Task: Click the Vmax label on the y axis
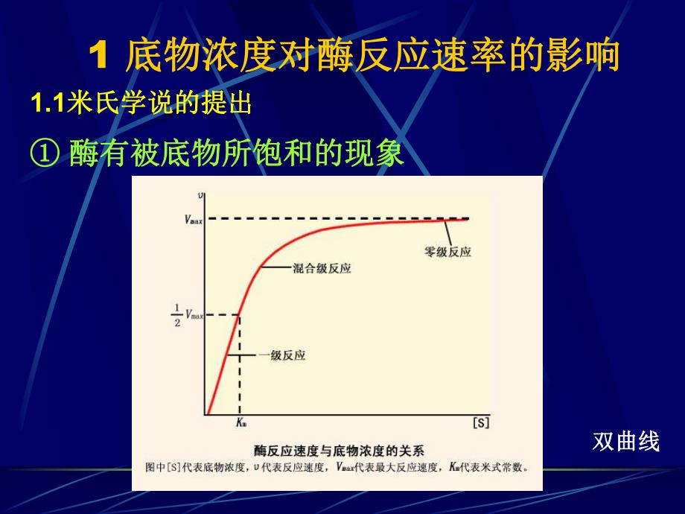point(194,219)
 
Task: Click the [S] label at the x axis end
point(480,423)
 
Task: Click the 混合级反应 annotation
point(322,268)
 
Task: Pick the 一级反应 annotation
point(281,356)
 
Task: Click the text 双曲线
point(626,442)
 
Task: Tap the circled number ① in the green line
point(44,153)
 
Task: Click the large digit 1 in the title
point(100,57)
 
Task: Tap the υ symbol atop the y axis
point(201,195)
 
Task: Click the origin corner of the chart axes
point(206,414)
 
